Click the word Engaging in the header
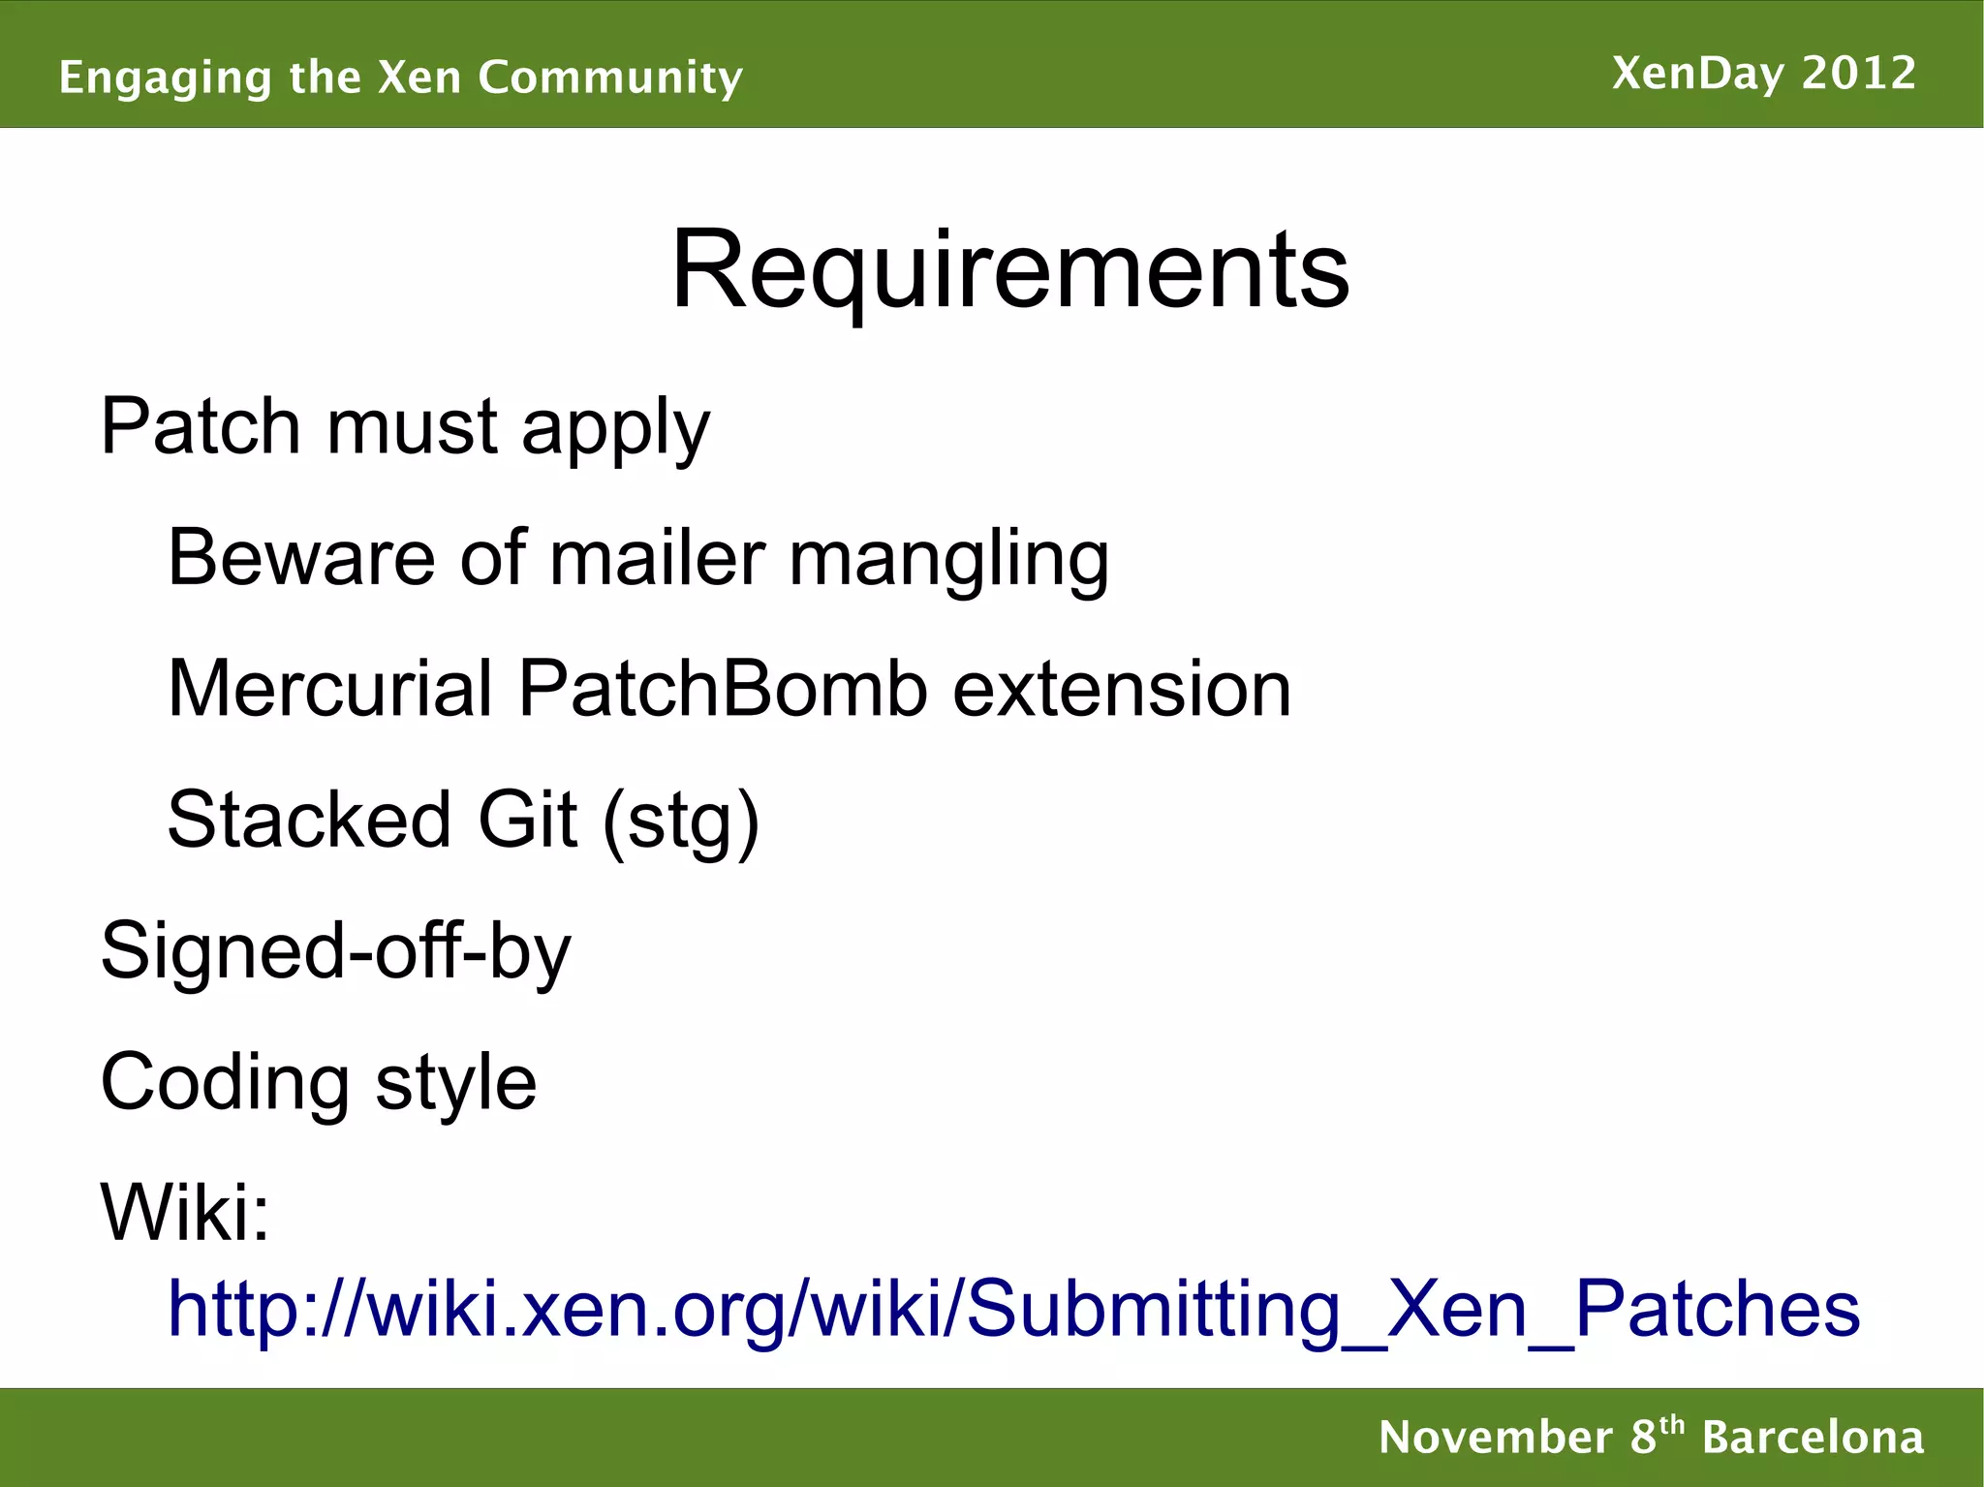click(x=164, y=77)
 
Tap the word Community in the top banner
click(x=610, y=77)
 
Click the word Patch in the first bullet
click(x=201, y=426)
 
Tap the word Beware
click(x=301, y=558)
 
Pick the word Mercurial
click(x=330, y=689)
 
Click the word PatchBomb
click(x=723, y=689)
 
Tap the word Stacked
click(x=309, y=820)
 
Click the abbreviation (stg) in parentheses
click(x=681, y=821)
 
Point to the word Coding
click(x=224, y=1083)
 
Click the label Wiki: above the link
click(x=185, y=1212)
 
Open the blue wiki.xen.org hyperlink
click(x=1013, y=1309)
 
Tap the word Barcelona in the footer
click(x=1813, y=1438)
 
